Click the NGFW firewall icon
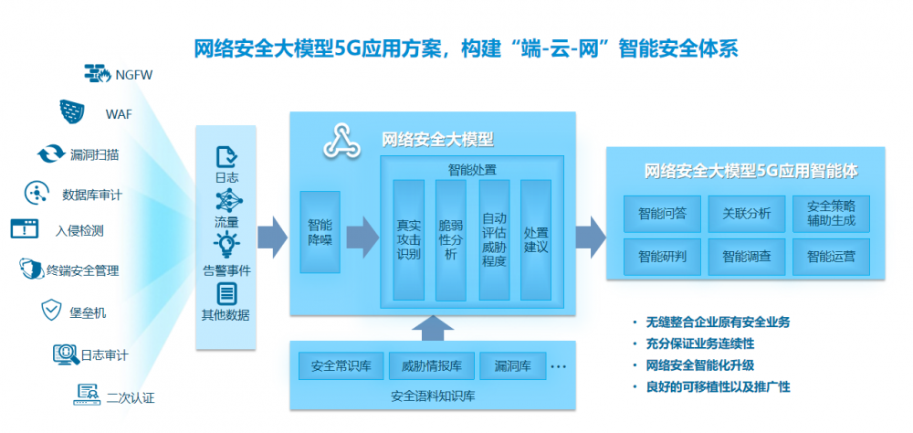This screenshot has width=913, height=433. pos(98,72)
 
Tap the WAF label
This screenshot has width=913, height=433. pos(118,113)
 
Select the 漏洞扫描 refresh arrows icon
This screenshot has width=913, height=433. pos(51,153)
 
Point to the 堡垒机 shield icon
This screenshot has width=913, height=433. pos(51,311)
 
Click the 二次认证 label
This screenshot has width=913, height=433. pos(131,398)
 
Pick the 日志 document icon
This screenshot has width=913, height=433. pos(226,157)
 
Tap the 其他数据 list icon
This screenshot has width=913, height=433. pos(226,294)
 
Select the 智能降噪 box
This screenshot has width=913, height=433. pos(320,232)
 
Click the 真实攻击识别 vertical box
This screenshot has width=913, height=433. pos(409,239)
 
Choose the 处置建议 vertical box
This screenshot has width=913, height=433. pos(536,239)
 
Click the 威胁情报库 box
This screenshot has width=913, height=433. pos(432,366)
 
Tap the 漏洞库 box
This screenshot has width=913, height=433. pos(513,366)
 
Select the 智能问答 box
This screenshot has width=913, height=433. pos(662,214)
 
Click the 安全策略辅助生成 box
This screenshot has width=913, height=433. pos(831,214)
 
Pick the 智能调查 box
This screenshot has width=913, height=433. pos(747,257)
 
